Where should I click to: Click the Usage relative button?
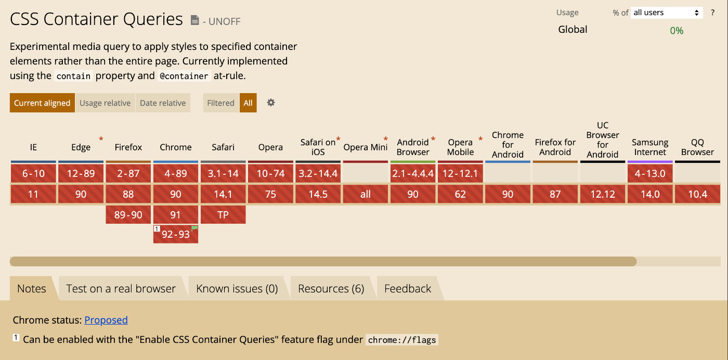click(105, 103)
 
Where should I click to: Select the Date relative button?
click(163, 103)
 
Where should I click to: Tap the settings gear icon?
click(271, 103)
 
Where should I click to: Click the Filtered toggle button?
click(220, 103)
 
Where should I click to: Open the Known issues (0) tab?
click(237, 288)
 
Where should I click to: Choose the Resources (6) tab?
click(331, 288)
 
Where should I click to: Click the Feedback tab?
click(408, 288)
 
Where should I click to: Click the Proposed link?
click(106, 320)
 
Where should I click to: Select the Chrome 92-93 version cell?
click(176, 234)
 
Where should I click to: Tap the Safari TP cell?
click(223, 215)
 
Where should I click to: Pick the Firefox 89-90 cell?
click(128, 215)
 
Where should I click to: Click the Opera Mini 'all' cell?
click(365, 194)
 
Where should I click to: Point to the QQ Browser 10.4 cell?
click(697, 194)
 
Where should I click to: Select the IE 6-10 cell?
click(33, 173)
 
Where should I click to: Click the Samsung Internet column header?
click(650, 147)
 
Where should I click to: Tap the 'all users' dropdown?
click(667, 12)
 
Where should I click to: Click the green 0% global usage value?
click(677, 31)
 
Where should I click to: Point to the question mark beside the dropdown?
click(713, 12)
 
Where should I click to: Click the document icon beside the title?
click(194, 20)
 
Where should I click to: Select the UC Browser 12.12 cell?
click(603, 194)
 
